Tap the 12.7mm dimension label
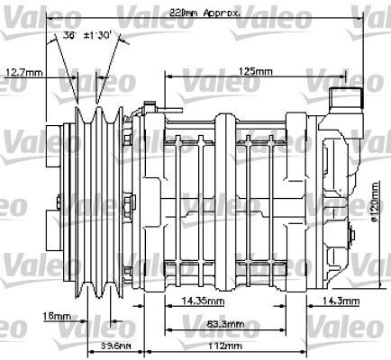pos(23,72)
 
